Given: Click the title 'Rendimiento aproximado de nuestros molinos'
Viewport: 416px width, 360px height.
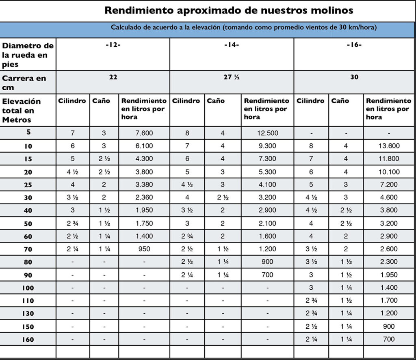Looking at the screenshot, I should point(229,11).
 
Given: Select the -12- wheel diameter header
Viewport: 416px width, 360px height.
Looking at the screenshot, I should point(113,45).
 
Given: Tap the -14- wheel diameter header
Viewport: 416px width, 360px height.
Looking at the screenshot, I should point(232,45).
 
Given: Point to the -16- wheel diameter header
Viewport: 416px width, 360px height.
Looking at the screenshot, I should point(354,45).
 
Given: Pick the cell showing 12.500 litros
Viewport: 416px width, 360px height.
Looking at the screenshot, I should point(267,133).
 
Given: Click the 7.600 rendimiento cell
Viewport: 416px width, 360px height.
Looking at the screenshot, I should point(144,133).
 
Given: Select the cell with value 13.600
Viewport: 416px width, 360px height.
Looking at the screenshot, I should point(389,146).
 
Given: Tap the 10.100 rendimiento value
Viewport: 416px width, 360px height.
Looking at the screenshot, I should point(389,172).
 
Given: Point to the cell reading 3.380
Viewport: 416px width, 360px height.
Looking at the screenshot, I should point(144,184).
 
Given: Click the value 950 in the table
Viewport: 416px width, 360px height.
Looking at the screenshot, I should point(144,249).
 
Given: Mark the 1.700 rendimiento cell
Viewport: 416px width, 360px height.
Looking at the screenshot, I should point(389,301).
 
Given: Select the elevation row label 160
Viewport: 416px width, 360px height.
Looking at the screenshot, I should point(28,340).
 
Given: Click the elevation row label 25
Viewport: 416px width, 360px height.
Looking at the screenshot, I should point(28,185).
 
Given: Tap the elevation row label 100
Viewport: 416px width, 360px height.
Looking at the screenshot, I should point(28,288).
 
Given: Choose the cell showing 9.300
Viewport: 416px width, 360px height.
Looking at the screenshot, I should point(267,146).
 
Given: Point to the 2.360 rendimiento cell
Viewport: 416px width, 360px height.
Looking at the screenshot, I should point(144,197).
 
